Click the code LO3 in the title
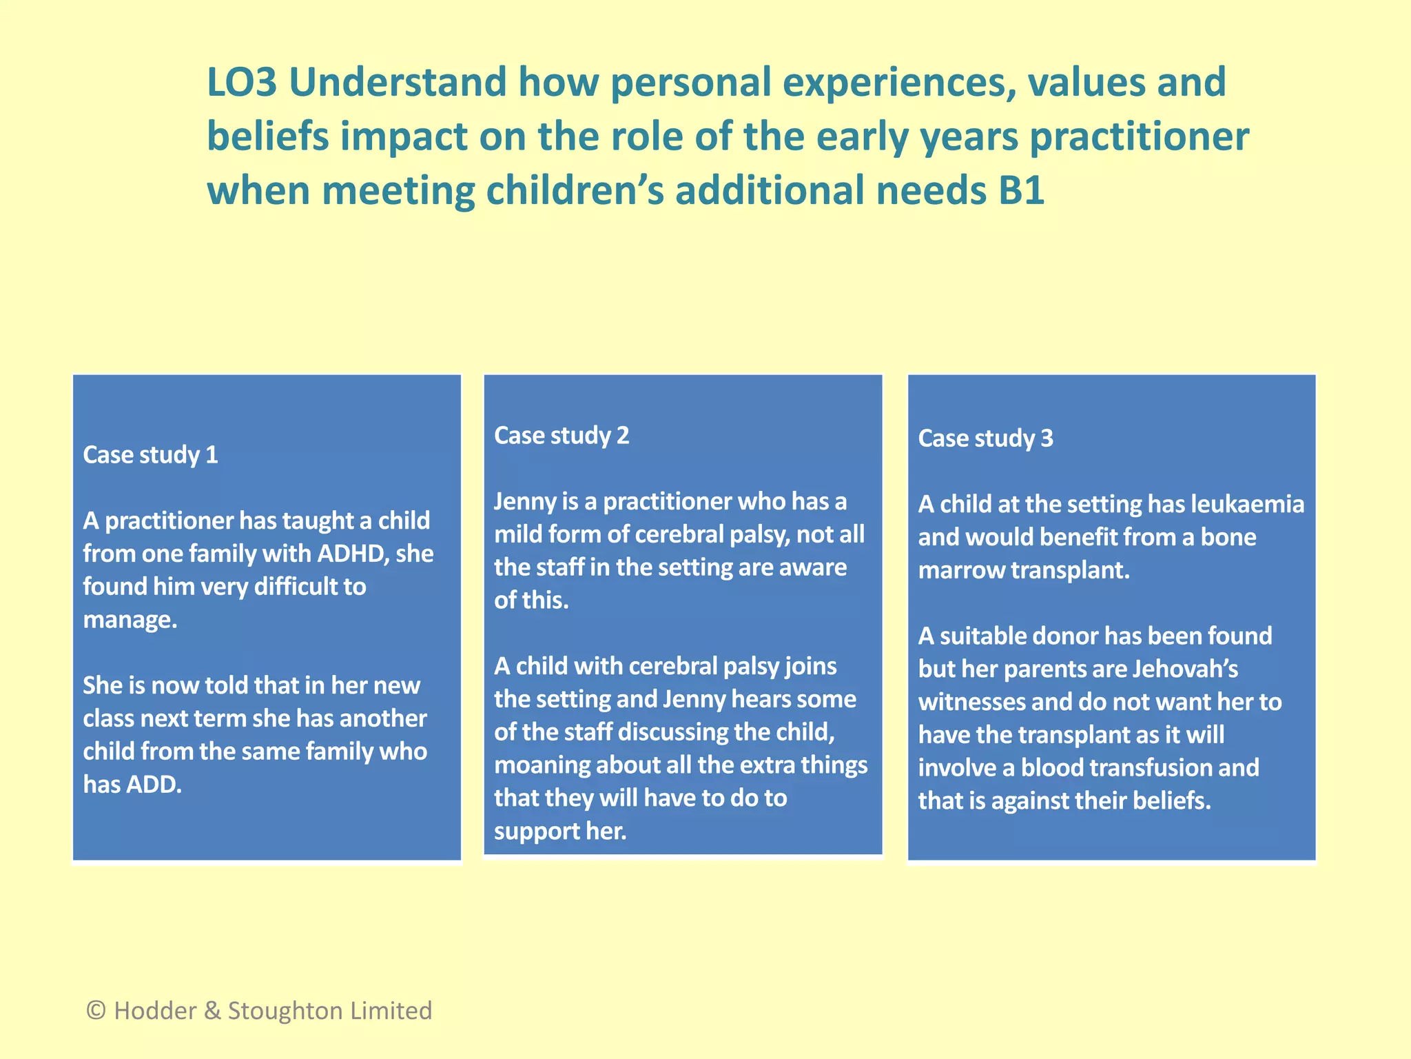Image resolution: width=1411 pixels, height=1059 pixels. tap(242, 82)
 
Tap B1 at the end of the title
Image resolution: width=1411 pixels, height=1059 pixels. tap(1021, 190)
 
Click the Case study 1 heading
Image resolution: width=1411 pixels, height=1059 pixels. tap(150, 455)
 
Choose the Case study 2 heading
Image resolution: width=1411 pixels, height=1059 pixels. tap(562, 436)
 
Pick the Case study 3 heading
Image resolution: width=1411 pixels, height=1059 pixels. tap(985, 438)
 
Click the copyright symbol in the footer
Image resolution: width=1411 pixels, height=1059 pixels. tap(96, 1011)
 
